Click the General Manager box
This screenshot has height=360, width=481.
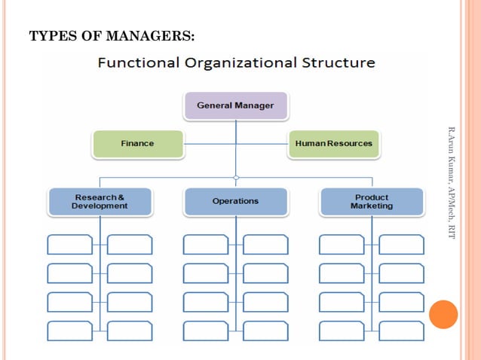click(235, 105)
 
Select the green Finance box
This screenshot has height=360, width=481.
click(137, 143)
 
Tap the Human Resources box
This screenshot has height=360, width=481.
click(333, 143)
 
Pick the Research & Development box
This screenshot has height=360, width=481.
click(100, 202)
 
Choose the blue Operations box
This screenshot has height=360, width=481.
click(235, 201)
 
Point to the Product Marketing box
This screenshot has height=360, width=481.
click(371, 202)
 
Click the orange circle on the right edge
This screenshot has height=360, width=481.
click(443, 314)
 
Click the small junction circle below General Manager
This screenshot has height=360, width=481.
click(236, 178)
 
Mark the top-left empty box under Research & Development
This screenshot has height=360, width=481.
click(70, 244)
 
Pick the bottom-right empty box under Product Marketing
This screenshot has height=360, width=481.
click(401, 330)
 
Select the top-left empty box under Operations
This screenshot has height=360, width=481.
click(206, 244)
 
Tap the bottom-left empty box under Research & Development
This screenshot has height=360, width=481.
click(70, 330)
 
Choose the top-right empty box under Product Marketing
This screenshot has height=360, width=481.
click(401, 244)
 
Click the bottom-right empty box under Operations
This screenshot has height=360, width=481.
click(265, 330)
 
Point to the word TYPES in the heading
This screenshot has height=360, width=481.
click(48, 35)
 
